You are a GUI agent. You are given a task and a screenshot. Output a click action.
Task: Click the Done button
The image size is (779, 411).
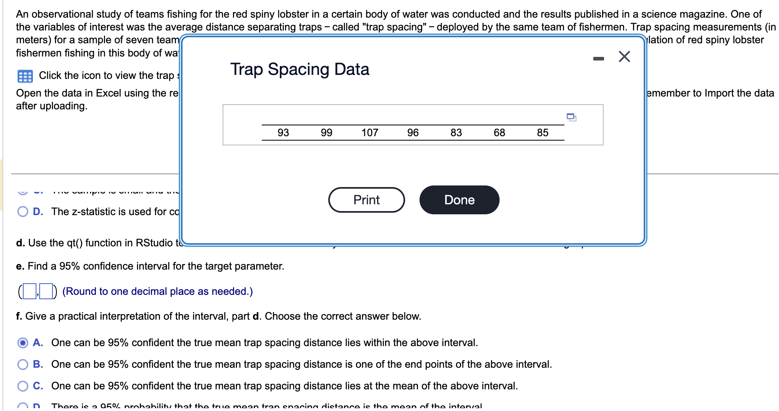point(459,200)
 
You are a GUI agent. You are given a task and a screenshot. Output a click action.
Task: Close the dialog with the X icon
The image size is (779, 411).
point(624,56)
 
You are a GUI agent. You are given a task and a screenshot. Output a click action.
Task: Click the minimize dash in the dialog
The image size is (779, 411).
point(598,58)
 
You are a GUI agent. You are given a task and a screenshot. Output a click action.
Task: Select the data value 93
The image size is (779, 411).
point(283,133)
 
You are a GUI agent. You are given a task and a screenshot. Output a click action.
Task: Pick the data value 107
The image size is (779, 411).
point(369,133)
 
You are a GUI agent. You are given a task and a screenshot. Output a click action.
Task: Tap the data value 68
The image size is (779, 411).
point(499,133)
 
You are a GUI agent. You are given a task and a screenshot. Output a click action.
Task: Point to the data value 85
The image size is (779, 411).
point(542,133)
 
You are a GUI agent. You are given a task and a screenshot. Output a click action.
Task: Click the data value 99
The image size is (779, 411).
point(326,133)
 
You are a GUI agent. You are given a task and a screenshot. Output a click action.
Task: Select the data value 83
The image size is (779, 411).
point(456,133)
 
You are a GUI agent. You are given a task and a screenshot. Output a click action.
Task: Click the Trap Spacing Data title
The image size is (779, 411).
point(299,69)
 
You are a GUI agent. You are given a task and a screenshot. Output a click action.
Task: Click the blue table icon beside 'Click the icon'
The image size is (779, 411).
point(25,76)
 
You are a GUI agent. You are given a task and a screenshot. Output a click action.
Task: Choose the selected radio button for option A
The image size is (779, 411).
point(23,342)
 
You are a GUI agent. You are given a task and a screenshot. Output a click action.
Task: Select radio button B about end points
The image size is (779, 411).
point(23,364)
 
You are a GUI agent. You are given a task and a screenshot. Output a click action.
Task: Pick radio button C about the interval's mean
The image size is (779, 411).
point(23,386)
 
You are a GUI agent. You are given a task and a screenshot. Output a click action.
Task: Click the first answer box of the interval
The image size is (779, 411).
point(29,291)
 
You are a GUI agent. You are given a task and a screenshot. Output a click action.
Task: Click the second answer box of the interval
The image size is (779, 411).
point(46,291)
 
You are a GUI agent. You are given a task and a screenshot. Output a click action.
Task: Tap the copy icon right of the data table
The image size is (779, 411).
point(571,117)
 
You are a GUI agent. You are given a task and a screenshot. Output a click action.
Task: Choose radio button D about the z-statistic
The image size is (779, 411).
point(23,212)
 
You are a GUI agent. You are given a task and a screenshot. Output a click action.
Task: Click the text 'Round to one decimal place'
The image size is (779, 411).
point(157,291)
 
